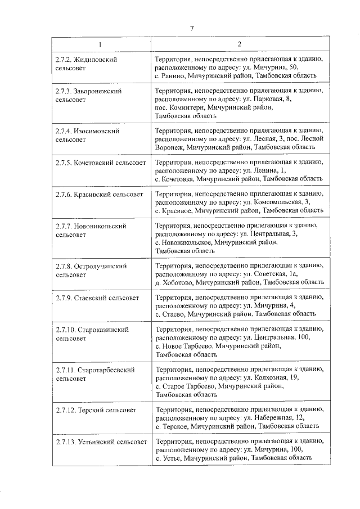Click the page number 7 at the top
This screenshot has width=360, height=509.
pos(192,29)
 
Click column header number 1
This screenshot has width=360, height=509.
pos(101,44)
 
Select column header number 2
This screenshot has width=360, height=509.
pos(239,44)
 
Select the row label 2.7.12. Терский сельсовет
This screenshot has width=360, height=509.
pos(96,410)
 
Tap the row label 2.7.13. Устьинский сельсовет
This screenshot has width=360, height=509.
pos(101,442)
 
